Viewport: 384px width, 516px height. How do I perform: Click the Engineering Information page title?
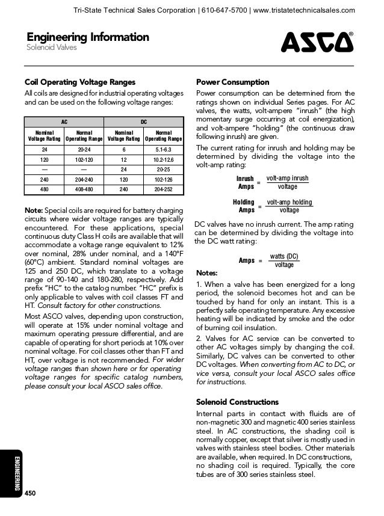pos(85,38)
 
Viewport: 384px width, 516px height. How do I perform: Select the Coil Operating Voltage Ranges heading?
pos(79,82)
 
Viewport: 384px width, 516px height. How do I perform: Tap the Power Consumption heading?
pos(233,82)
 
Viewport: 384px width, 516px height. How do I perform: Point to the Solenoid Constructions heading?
pos(238,402)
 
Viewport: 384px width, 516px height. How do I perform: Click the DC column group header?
pos(144,121)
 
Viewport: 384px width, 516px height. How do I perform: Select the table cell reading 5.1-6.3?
pos(164,150)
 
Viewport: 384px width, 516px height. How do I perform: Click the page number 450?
pos(31,493)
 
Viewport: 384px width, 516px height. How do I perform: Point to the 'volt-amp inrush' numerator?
pos(287,179)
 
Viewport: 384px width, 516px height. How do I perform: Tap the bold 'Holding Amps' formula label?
pos(244,206)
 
